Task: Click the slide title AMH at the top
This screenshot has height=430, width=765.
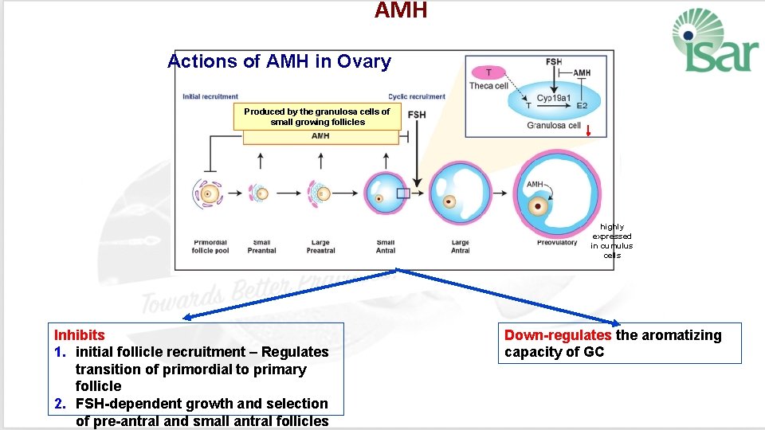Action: tap(401, 10)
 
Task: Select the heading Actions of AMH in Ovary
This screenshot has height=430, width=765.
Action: tap(279, 61)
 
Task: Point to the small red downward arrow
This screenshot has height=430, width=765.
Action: tap(588, 131)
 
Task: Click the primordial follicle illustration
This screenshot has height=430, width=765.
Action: tap(210, 193)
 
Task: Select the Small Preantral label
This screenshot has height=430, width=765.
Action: tap(261, 246)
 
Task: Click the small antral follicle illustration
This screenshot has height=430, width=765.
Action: tap(385, 193)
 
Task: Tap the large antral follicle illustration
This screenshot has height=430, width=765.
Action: tap(460, 193)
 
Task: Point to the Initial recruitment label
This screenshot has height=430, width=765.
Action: tap(210, 97)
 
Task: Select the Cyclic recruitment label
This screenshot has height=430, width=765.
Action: tap(417, 97)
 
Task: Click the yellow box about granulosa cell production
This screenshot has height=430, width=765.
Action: tap(316, 117)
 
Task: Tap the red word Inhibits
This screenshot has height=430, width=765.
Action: tap(79, 335)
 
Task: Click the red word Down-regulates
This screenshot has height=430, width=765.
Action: tap(557, 335)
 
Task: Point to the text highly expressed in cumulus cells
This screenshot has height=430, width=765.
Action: tap(611, 240)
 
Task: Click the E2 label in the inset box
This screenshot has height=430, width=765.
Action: tap(582, 105)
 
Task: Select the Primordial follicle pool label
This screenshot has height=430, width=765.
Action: tap(210, 246)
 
